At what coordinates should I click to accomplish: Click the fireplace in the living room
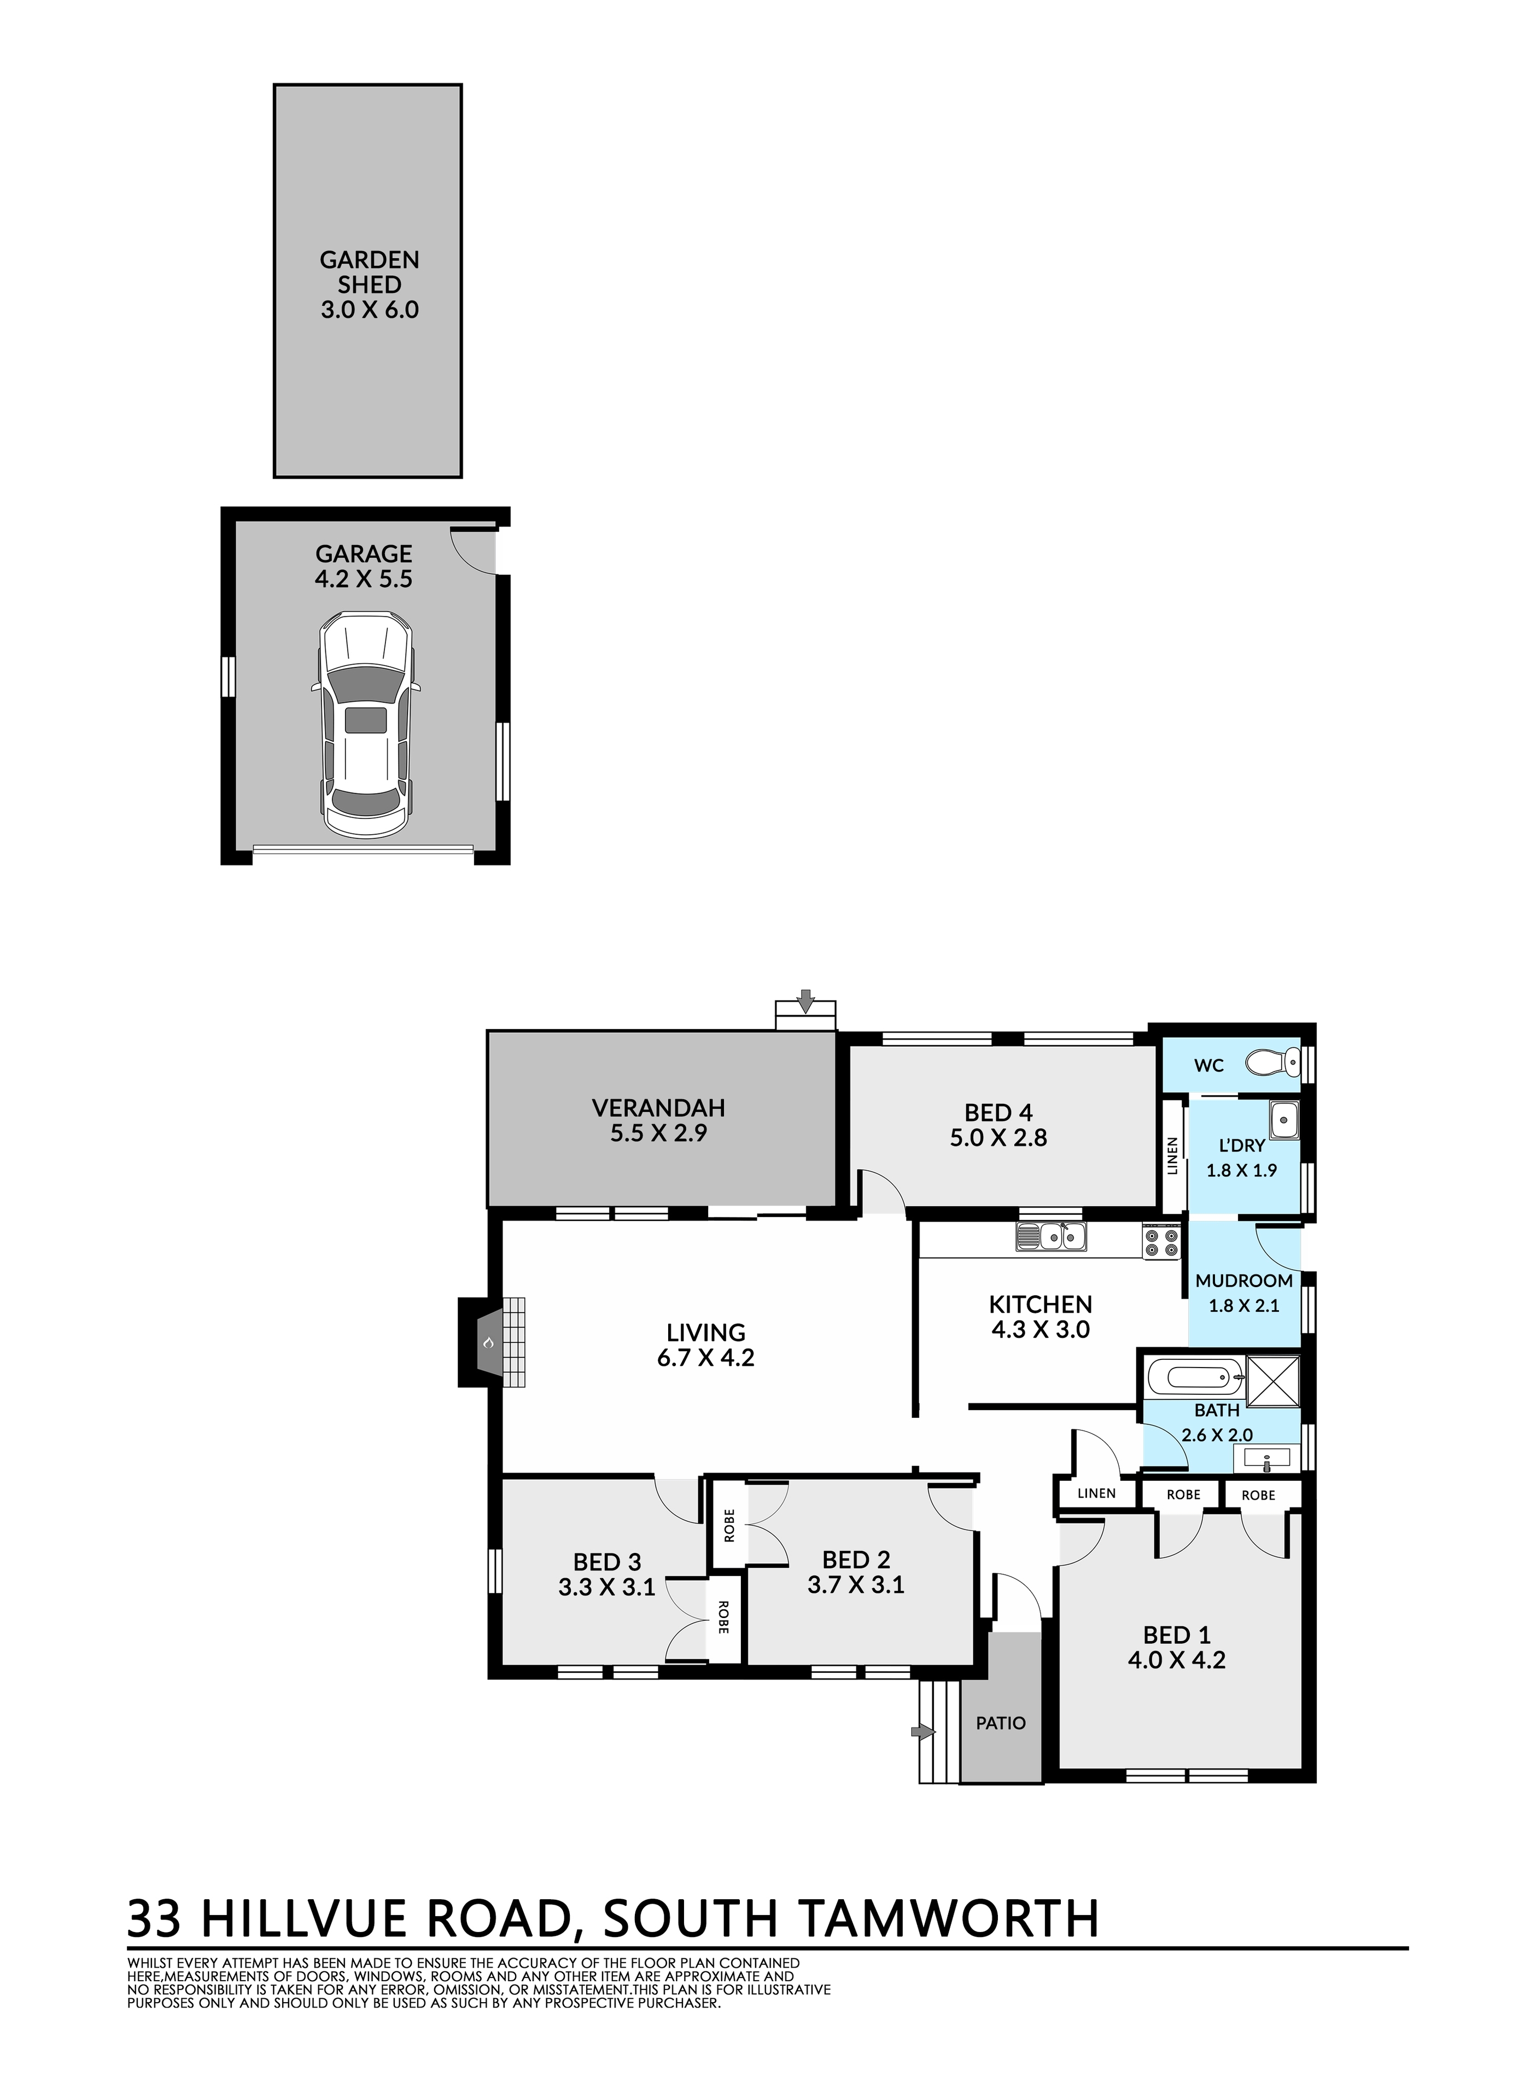click(491, 1342)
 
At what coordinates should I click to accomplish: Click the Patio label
click(1001, 1723)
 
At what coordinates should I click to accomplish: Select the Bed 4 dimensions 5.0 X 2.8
click(998, 1137)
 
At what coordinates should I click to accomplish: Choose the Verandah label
click(658, 1108)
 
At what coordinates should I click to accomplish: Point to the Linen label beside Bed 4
click(1172, 1156)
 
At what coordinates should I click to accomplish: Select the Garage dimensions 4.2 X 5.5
click(364, 579)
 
